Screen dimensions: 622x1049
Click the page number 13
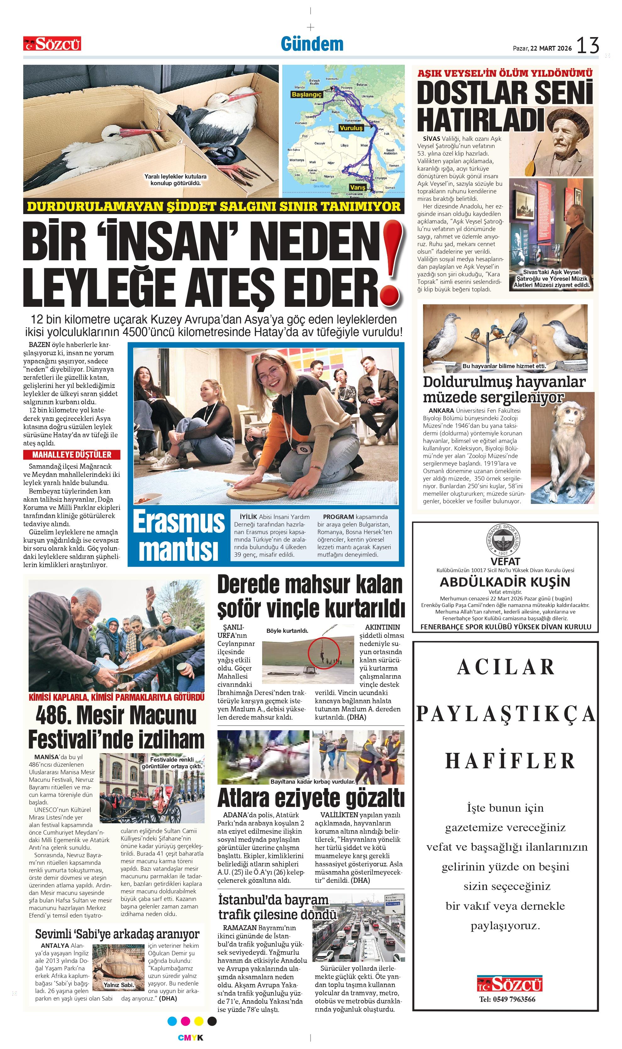[588, 45]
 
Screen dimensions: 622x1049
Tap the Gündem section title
[312, 44]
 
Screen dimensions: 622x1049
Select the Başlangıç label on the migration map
[306, 95]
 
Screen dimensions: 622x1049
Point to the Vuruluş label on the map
[350, 128]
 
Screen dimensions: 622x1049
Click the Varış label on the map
[358, 187]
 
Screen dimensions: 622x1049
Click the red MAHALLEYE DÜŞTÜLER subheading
[72, 455]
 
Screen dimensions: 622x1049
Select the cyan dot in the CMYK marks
[172, 1021]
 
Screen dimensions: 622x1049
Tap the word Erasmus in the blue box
[179, 522]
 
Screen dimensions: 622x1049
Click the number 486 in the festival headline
[52, 716]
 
